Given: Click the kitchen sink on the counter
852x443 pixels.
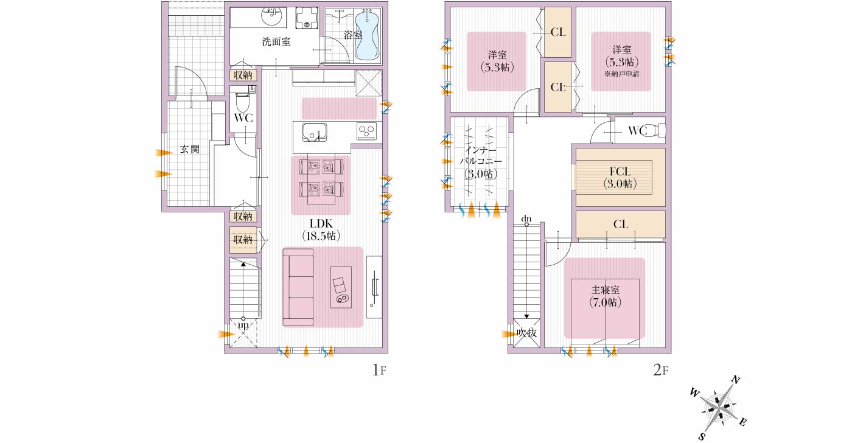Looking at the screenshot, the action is (x=314, y=132).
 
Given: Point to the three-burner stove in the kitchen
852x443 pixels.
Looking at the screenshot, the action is (x=366, y=131).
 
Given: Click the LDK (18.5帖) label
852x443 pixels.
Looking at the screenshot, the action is (x=321, y=229).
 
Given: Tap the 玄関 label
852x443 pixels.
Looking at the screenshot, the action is (x=189, y=148).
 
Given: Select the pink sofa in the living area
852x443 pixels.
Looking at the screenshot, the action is (x=298, y=287).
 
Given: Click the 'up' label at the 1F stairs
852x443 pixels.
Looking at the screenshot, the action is (x=243, y=325).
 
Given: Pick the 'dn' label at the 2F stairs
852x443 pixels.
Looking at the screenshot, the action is (x=526, y=218).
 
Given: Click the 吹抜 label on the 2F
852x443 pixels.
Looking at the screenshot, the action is (x=527, y=333).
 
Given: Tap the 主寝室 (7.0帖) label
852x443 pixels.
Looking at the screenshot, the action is (x=605, y=296).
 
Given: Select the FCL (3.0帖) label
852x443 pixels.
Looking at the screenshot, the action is (x=620, y=178).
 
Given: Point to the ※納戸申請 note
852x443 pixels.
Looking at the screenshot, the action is (x=621, y=74).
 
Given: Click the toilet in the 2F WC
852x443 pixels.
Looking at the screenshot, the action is (x=656, y=130).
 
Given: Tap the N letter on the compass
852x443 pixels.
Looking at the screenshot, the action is (x=736, y=380).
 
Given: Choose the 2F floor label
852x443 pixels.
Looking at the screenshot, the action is (x=660, y=370).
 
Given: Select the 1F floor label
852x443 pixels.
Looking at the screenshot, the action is (x=379, y=370).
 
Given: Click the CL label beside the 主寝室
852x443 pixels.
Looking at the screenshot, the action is (x=621, y=225).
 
